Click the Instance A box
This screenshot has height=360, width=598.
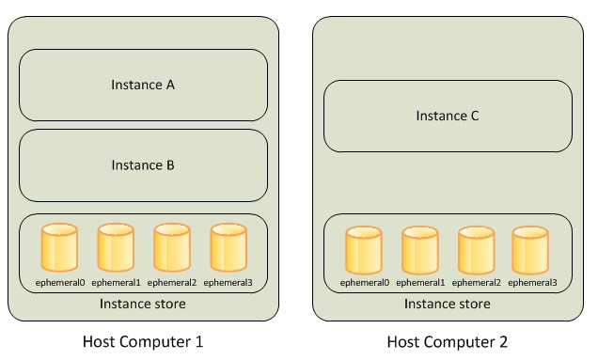(144, 85)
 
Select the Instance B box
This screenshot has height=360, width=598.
(144, 165)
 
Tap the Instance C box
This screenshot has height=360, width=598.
(448, 116)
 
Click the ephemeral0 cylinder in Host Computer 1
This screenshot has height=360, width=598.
(59, 247)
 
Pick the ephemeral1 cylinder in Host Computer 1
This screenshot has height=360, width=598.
(116, 247)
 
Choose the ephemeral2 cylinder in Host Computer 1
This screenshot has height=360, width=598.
(172, 247)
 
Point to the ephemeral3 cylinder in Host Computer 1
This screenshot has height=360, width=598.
(228, 247)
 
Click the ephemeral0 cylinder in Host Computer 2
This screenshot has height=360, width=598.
(364, 250)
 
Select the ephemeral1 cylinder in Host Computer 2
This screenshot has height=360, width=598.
(420, 250)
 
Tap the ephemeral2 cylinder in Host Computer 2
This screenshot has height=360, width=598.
(477, 250)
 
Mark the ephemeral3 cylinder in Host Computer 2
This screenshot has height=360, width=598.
(530, 250)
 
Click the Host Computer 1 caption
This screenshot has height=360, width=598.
(143, 342)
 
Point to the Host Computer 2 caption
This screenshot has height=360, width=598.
(448, 342)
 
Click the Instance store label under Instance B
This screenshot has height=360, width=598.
(143, 304)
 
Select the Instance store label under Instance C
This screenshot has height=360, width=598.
(448, 304)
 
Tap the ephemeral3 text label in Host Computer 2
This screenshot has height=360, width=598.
(532, 283)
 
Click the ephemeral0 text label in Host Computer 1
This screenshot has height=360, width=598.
(60, 283)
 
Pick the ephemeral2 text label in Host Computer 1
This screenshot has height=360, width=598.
(172, 283)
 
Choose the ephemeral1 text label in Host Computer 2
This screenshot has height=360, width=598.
(420, 283)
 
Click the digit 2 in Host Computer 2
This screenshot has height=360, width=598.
(503, 341)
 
